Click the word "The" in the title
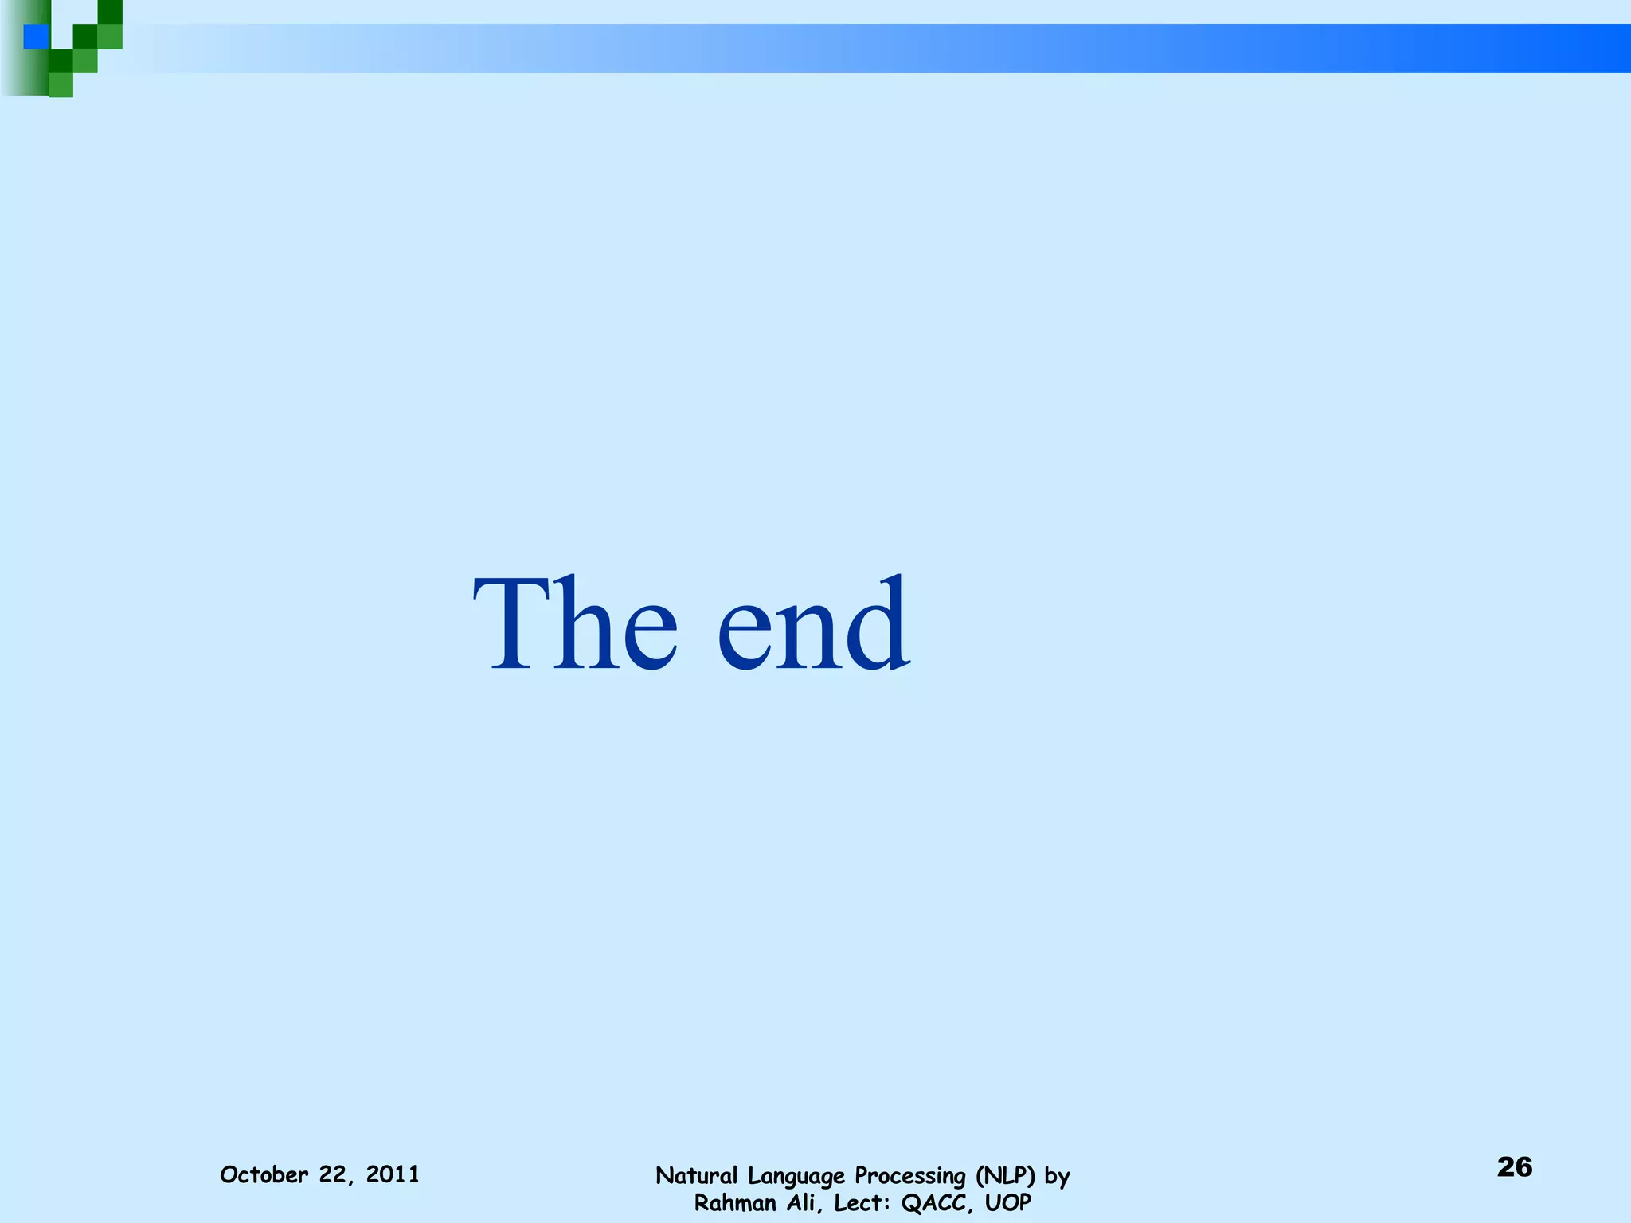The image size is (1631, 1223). pos(575,623)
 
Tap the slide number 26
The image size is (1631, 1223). pos(1514,1166)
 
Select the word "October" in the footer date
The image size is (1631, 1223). pos(264,1174)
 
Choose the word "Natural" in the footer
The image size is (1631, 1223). pos(697,1175)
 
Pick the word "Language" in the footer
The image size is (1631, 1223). pos(796,1177)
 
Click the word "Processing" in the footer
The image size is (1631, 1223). pos(910,1177)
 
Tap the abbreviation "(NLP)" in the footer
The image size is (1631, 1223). pos(1005,1176)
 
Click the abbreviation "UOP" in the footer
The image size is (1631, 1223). pos(1007,1202)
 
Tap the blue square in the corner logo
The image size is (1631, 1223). pos(36,37)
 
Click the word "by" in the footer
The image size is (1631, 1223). pos(1057,1177)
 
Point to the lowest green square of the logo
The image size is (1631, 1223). pos(61,85)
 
